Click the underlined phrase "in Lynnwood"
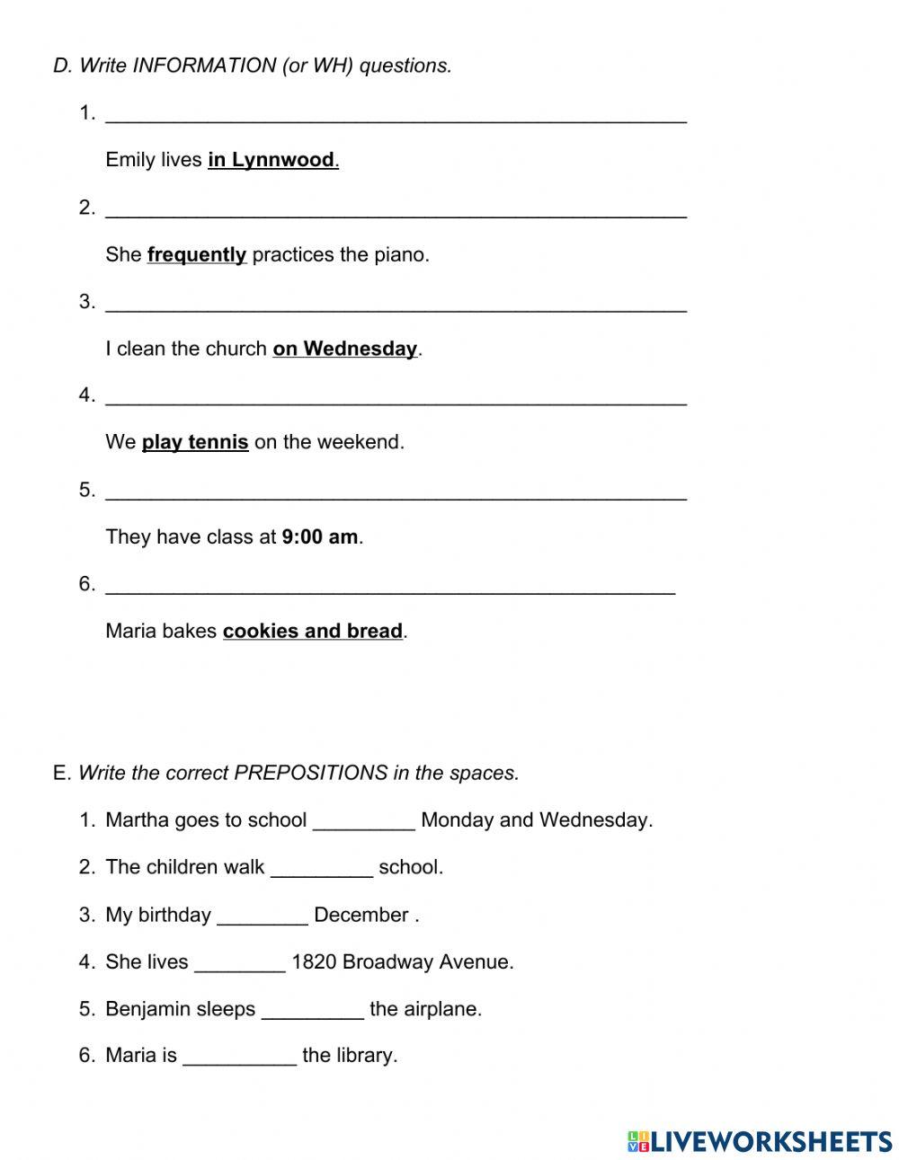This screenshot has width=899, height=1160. (x=271, y=160)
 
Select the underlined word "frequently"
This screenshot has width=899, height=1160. (x=196, y=254)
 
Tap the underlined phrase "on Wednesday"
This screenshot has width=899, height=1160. (x=345, y=349)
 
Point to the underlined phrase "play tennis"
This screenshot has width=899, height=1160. (x=195, y=442)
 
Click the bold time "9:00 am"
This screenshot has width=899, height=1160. (x=320, y=536)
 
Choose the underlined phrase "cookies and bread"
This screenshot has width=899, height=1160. (x=313, y=631)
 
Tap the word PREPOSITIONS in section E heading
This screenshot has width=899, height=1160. (x=310, y=773)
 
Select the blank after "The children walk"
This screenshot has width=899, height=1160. (x=321, y=869)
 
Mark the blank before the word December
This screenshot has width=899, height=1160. (x=263, y=916)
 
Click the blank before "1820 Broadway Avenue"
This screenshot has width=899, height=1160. (x=239, y=963)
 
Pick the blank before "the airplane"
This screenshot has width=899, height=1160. (x=312, y=1011)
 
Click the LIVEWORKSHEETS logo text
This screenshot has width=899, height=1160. (x=770, y=1141)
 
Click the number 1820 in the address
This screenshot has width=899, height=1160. (x=314, y=962)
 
